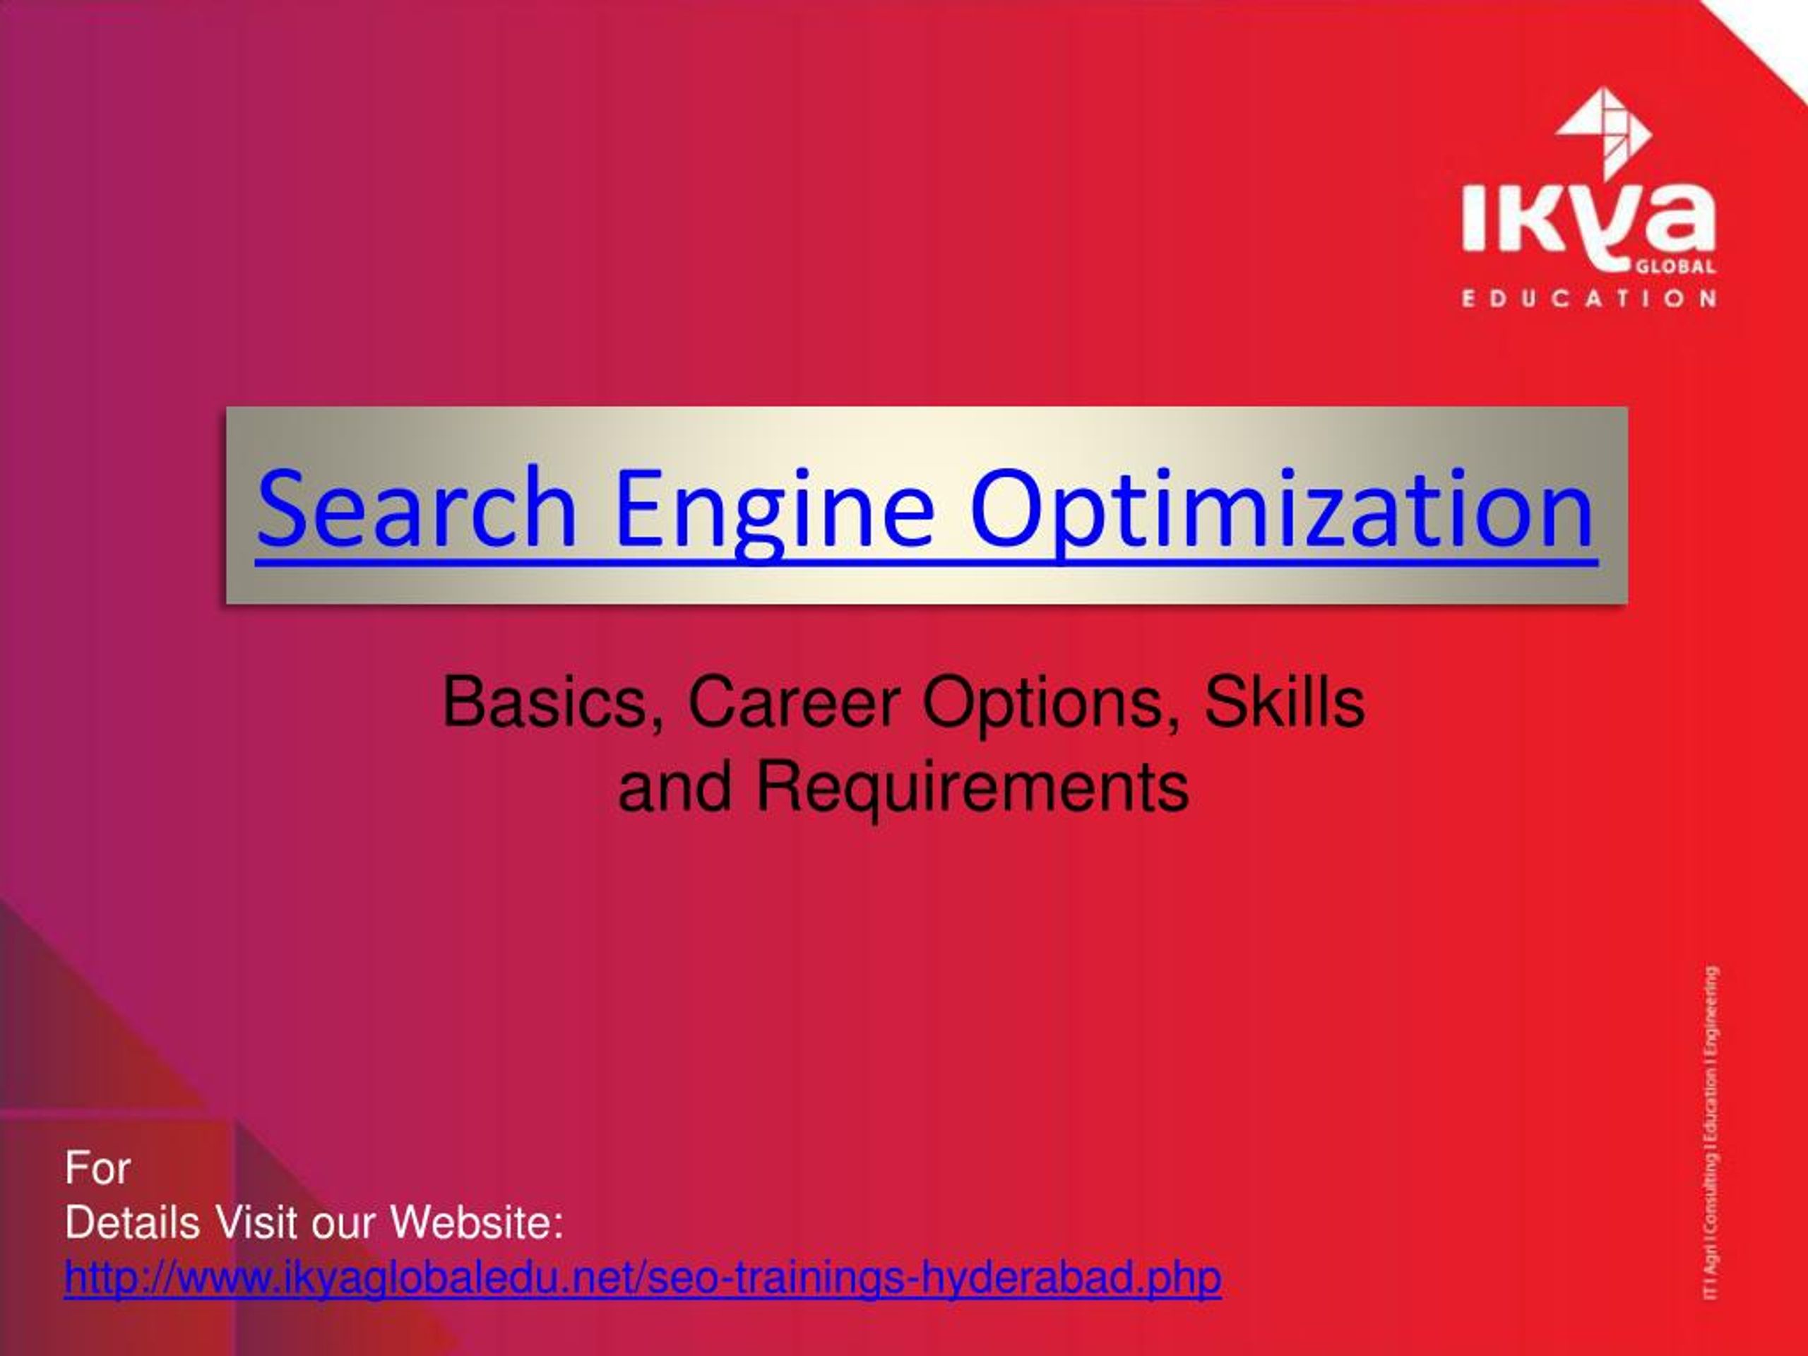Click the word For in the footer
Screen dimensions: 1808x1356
click(97, 1168)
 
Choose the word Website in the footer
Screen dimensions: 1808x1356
click(477, 1224)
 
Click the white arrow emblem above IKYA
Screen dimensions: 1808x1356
click(1605, 132)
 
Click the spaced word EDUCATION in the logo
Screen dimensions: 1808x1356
click(1588, 298)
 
